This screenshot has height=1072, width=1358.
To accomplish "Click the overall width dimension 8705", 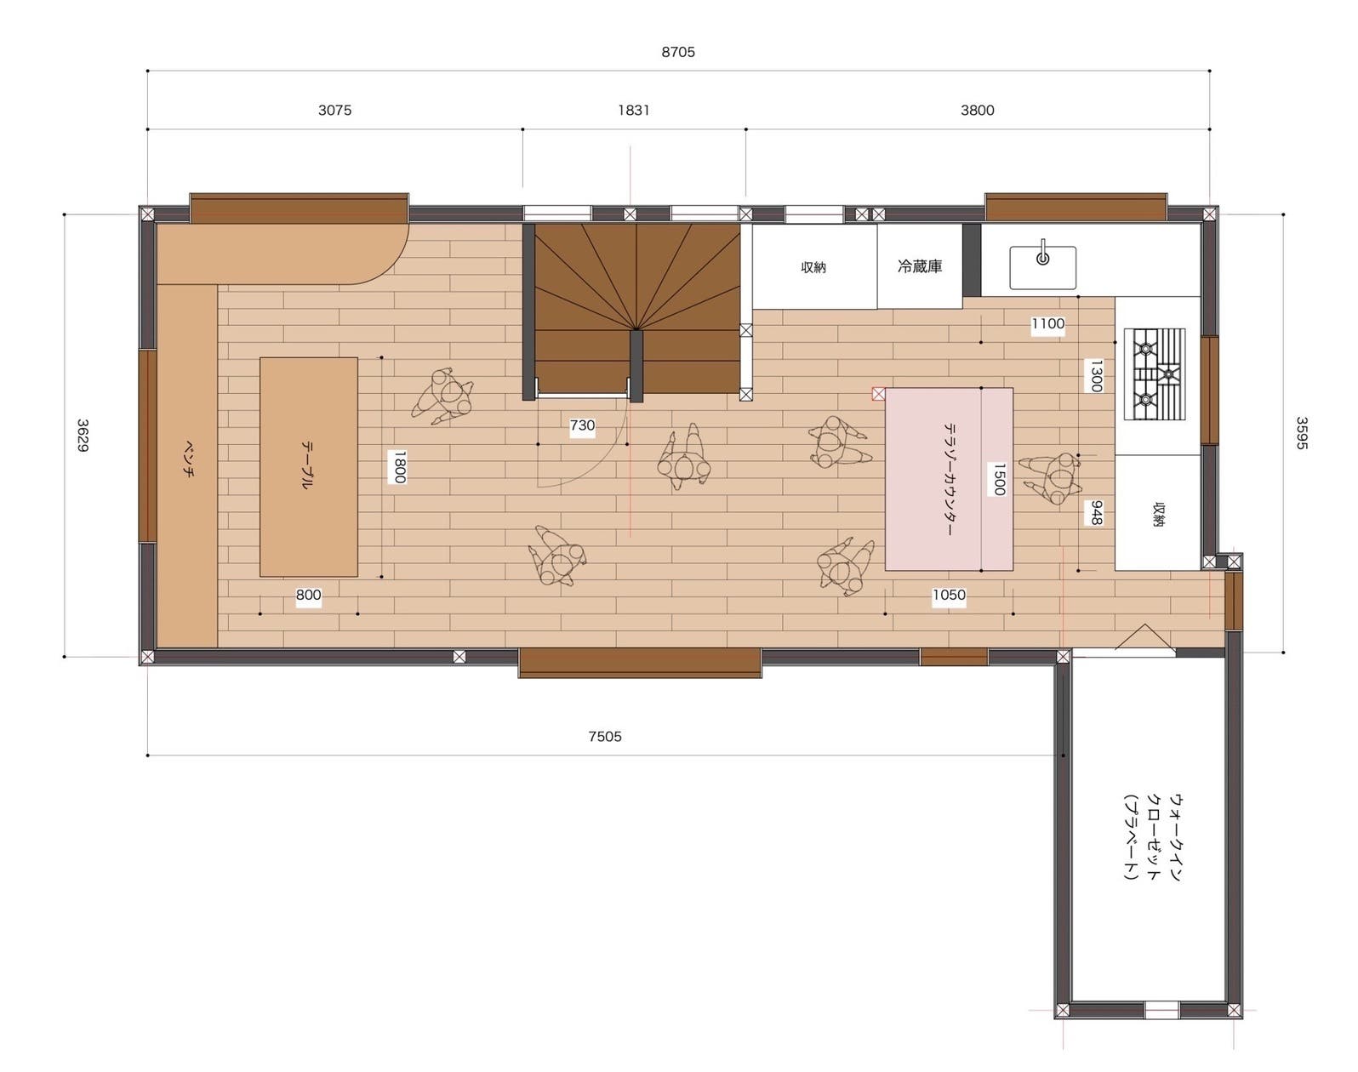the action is click(x=678, y=53).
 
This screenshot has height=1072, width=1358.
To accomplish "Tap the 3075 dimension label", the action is click(x=334, y=111).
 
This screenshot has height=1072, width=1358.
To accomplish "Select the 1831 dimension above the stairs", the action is click(x=634, y=111).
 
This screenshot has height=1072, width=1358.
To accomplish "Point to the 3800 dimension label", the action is click(x=977, y=111).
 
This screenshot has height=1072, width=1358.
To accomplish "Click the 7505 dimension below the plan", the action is click(x=604, y=736).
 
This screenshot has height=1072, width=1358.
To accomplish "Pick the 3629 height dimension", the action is click(x=83, y=436).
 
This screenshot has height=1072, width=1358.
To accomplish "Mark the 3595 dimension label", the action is click(x=1302, y=433).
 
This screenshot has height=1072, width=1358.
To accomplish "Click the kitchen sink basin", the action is click(x=1042, y=267).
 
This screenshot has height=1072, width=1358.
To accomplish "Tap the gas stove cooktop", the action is click(x=1154, y=374).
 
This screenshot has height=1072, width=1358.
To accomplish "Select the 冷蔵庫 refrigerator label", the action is click(x=920, y=266).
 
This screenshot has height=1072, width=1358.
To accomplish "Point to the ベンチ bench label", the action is click(x=187, y=459).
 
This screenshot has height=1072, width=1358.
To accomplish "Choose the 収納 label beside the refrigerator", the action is click(x=813, y=267).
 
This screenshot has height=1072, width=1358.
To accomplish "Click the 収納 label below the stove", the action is click(x=1159, y=514).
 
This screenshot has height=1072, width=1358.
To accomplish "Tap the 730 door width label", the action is click(x=582, y=425).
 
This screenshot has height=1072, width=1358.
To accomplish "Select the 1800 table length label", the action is click(x=399, y=466).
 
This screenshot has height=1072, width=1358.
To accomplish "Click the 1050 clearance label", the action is click(x=949, y=595).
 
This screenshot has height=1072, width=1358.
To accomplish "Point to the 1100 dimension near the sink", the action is click(x=1047, y=324).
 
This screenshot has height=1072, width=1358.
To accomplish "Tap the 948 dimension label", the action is click(x=1097, y=513).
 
